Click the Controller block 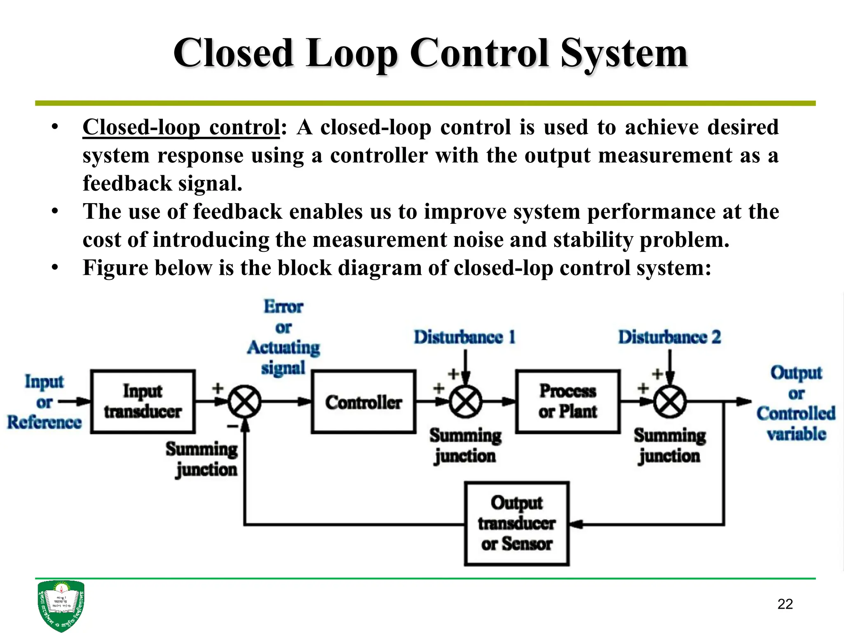[x=363, y=402]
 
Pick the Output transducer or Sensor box [x=517, y=523]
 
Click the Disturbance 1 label [x=464, y=337]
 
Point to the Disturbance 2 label [x=669, y=337]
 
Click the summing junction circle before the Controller [x=245, y=402]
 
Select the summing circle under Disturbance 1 [x=465, y=402]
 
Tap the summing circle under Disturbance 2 [x=670, y=402]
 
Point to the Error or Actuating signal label [x=284, y=337]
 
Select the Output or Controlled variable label [x=796, y=403]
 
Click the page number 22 [x=785, y=604]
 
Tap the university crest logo [x=61, y=605]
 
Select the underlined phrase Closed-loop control [x=181, y=127]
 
